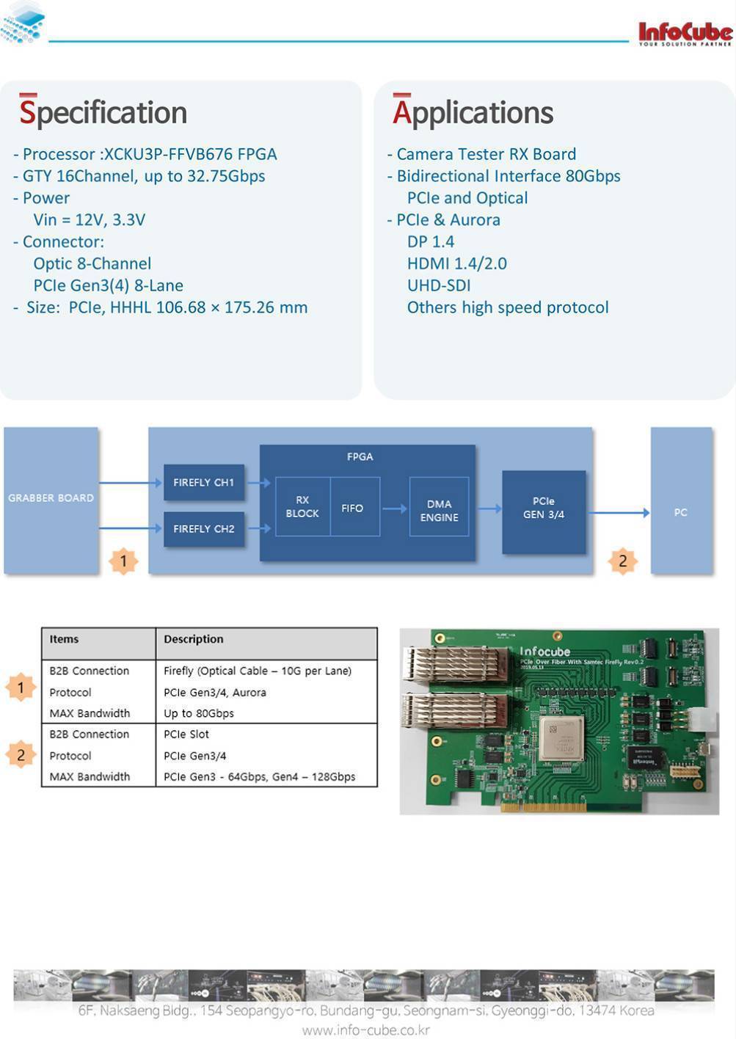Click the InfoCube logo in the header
(x=685, y=33)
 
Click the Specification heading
(x=103, y=112)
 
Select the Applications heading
(x=473, y=112)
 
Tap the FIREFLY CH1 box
(x=203, y=482)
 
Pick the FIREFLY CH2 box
(x=203, y=528)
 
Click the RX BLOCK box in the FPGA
(x=302, y=506)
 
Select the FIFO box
(x=353, y=508)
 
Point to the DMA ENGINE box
(x=439, y=510)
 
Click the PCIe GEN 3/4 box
(x=544, y=508)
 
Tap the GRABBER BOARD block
(x=51, y=498)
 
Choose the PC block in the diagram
(x=681, y=512)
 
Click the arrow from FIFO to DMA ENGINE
(x=395, y=508)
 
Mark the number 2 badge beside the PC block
(x=622, y=561)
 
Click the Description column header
(x=194, y=639)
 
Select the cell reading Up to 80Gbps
(x=199, y=713)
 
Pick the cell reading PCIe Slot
(x=186, y=734)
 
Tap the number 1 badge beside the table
(x=21, y=688)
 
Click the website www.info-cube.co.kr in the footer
(x=366, y=1030)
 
